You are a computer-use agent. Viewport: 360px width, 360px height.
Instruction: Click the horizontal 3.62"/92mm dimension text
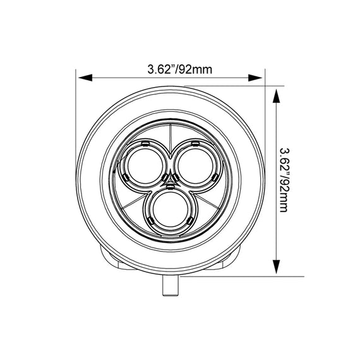pos(180,69)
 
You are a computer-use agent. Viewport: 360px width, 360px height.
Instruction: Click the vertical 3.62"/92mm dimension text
pos(284,180)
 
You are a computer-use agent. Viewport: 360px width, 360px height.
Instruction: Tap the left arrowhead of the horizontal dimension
pos(85,78)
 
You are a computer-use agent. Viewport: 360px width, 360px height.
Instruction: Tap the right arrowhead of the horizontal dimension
pos(255,78)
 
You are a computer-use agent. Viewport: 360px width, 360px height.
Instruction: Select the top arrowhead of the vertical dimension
pos(277,96)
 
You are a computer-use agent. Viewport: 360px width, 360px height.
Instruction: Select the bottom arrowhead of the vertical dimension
pos(277,267)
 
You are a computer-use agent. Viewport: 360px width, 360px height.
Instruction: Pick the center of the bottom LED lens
pos(170,210)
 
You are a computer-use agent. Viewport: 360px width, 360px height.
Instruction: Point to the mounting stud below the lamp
pos(171,285)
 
